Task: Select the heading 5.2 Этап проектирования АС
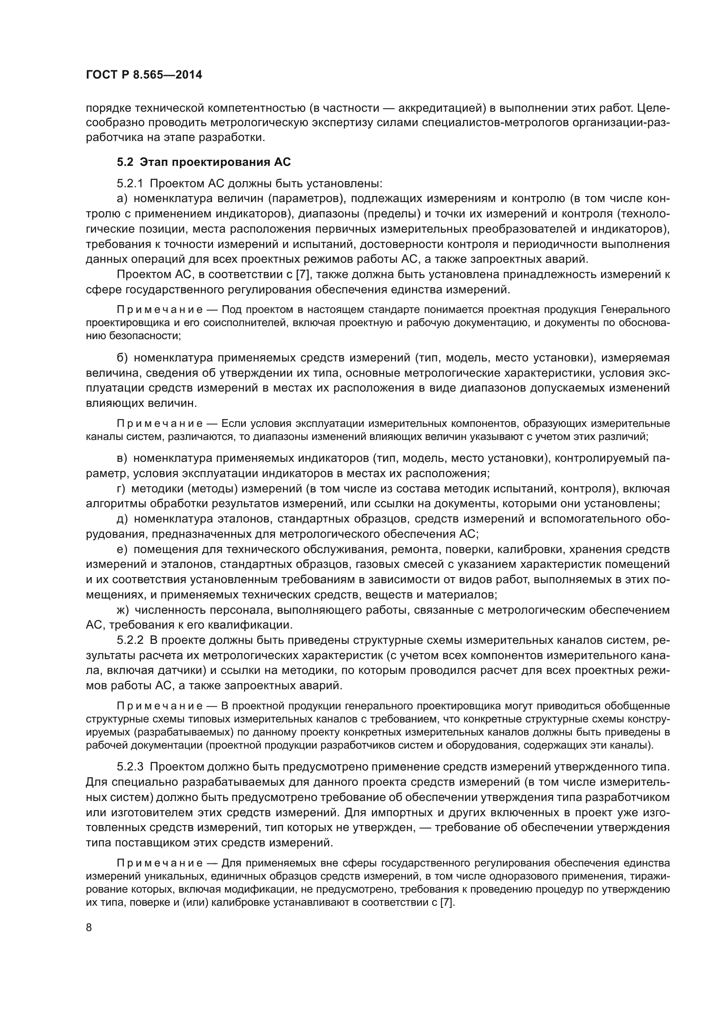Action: (x=203, y=162)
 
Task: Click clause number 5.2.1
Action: (x=130, y=184)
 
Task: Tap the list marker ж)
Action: (x=123, y=610)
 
